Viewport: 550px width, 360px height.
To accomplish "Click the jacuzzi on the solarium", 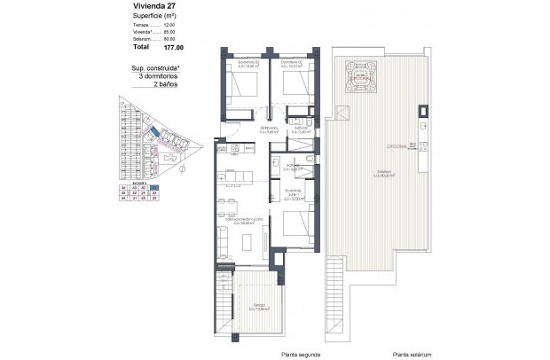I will pyautogui.click(x=361, y=73).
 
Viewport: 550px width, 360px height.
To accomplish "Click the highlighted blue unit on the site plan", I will pyautogui.click(x=155, y=133).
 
